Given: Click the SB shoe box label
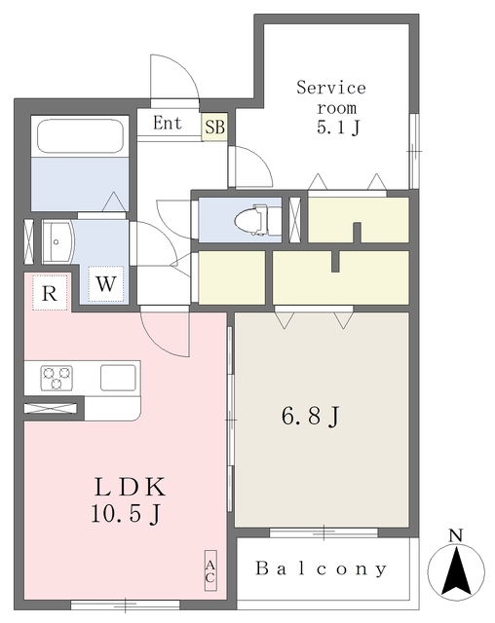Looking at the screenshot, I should (x=214, y=127).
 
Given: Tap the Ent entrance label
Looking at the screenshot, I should (x=167, y=124).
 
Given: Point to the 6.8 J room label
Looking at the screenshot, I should (x=311, y=417).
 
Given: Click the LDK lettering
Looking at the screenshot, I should (x=126, y=487).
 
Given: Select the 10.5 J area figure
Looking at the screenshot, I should (x=126, y=514).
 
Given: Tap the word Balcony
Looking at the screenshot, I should (x=322, y=568).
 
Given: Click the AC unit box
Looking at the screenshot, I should (x=209, y=570).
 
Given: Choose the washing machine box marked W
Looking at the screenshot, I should (x=107, y=285).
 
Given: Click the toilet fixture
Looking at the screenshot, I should (x=256, y=220).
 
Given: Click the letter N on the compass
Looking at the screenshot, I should (x=455, y=534).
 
